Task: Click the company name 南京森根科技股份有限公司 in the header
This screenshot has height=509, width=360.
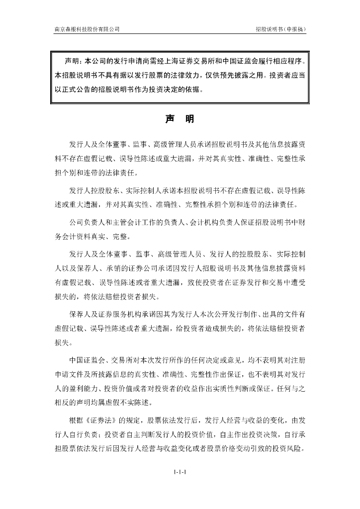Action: tap(87, 29)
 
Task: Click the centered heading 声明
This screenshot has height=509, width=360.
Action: tap(180, 119)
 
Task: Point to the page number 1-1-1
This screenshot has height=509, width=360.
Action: tap(180, 471)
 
